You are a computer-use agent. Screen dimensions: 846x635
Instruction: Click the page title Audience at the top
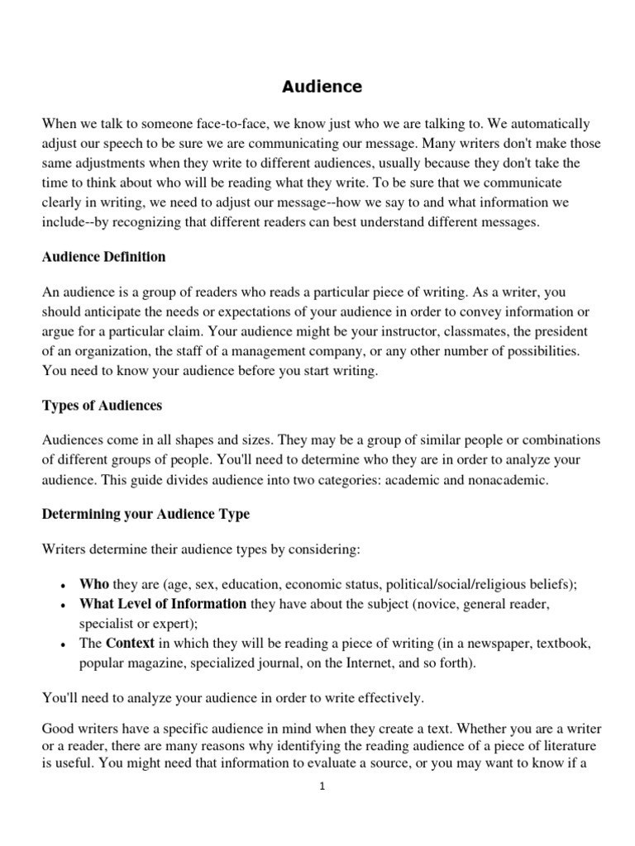coord(322,86)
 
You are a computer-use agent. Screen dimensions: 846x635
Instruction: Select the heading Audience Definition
coord(103,257)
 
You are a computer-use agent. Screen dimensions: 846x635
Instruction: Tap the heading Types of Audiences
coord(102,406)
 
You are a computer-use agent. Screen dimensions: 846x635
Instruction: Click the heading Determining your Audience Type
coord(146,514)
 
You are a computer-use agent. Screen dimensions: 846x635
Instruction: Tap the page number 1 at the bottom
coord(323,787)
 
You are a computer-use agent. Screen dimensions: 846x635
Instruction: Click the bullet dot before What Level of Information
coord(64,606)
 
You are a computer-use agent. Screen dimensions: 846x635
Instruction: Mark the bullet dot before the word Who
coord(64,586)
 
